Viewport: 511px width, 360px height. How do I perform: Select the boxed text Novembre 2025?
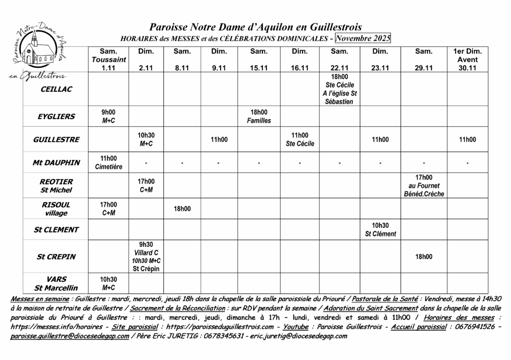pyautogui.click(x=363, y=38)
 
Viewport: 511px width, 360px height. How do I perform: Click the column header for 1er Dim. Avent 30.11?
pyautogui.click(x=467, y=59)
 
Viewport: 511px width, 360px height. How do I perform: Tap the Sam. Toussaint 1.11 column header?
pyautogui.click(x=108, y=59)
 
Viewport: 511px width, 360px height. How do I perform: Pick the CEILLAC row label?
pyautogui.click(x=56, y=89)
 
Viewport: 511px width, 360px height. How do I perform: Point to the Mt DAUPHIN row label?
pyautogui.click(x=56, y=163)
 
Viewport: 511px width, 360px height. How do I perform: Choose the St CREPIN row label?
pyautogui.click(x=56, y=257)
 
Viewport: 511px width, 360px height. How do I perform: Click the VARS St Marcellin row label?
pyautogui.click(x=56, y=283)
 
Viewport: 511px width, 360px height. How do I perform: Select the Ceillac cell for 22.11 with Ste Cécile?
pyautogui.click(x=339, y=89)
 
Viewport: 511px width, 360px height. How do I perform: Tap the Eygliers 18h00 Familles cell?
pyautogui.click(x=258, y=116)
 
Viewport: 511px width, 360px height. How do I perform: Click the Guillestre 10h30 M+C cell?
pyautogui.click(x=146, y=139)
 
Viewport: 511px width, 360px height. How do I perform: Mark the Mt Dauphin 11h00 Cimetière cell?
pyautogui.click(x=108, y=163)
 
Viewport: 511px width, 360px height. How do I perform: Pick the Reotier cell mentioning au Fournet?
pyautogui.click(x=424, y=185)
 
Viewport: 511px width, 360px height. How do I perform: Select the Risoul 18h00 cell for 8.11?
pyautogui.click(x=182, y=209)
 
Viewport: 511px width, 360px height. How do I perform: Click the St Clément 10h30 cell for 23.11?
pyautogui.click(x=380, y=229)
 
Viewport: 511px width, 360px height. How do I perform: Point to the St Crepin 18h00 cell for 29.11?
pyautogui.click(x=424, y=257)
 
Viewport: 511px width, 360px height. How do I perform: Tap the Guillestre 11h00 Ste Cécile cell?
pyautogui.click(x=299, y=139)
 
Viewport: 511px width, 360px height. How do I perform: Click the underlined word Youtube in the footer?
pyautogui.click(x=296, y=327)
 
